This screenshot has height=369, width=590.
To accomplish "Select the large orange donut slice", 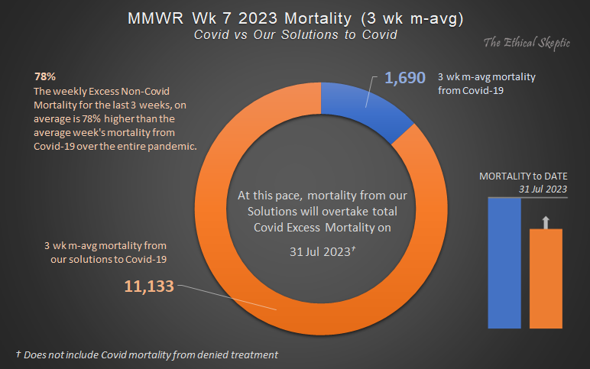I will click(x=229, y=252).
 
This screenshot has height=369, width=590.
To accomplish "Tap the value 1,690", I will click(x=404, y=78).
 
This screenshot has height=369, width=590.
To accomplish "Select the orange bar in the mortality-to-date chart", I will click(x=546, y=277).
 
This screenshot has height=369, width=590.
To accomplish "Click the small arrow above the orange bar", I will click(x=545, y=222).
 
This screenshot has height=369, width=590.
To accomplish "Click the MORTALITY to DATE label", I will click(x=524, y=176).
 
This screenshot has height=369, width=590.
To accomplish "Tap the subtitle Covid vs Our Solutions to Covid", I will click(x=294, y=36).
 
